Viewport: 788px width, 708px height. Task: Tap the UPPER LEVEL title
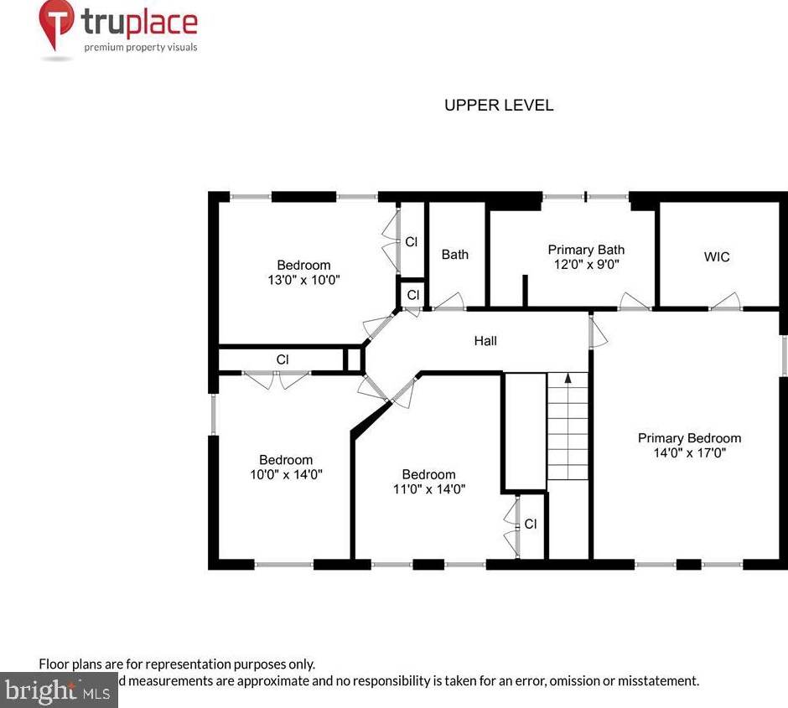[x=498, y=105]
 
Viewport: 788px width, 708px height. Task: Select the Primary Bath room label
[x=586, y=250]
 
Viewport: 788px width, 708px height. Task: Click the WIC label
[x=716, y=257]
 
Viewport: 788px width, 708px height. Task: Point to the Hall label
[x=485, y=340]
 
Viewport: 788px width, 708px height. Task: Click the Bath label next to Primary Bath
[x=455, y=254]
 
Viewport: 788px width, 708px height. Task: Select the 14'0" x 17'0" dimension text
[x=689, y=452]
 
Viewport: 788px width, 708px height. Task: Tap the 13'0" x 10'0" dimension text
[x=303, y=280]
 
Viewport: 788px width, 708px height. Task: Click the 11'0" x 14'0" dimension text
[x=428, y=488]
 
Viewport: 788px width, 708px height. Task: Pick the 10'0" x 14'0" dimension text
[x=286, y=474]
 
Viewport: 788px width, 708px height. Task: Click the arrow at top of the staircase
[x=568, y=380]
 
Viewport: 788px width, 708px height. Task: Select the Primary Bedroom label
[x=689, y=438]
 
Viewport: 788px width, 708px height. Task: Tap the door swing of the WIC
[x=726, y=302]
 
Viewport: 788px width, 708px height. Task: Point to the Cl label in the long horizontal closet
[x=283, y=359]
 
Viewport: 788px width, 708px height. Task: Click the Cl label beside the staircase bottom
[x=530, y=524]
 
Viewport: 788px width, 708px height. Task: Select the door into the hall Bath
[x=449, y=302]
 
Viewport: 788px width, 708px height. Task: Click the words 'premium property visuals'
[x=140, y=47]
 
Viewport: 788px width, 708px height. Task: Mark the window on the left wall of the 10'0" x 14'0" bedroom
[x=214, y=415]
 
